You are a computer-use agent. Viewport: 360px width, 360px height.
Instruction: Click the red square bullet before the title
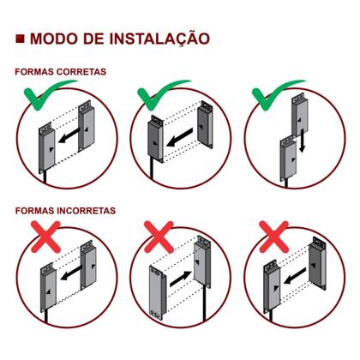click(x=20, y=39)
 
